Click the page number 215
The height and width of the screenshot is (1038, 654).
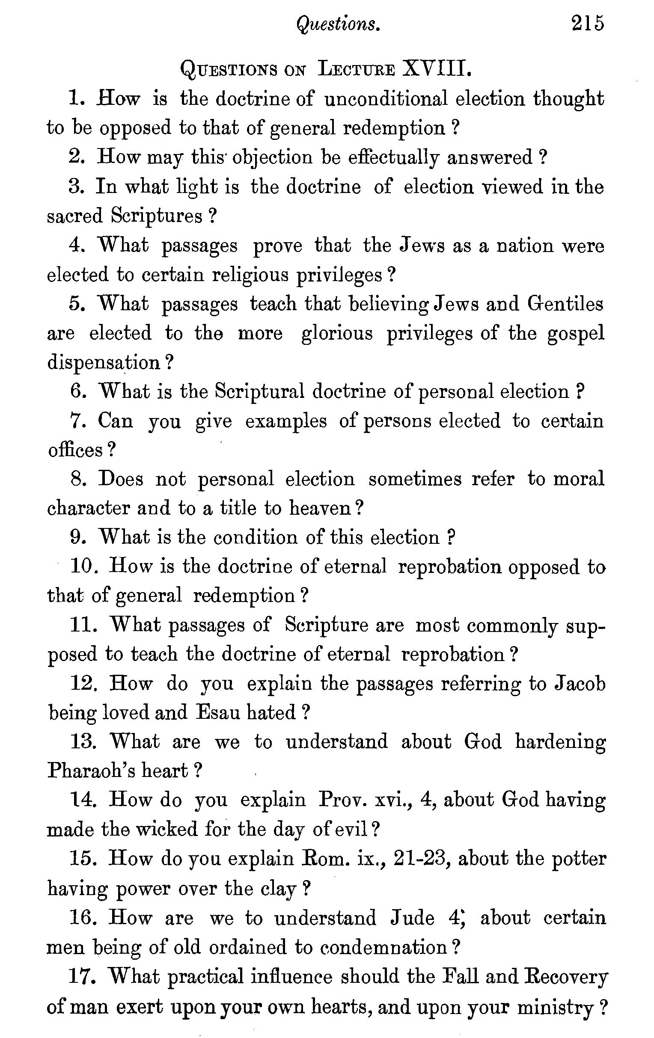[588, 24]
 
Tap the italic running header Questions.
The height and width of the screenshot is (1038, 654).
[338, 24]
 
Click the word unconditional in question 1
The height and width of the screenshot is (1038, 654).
[385, 99]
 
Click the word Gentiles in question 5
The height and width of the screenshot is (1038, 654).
[565, 304]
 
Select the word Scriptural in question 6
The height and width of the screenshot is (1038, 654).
[259, 391]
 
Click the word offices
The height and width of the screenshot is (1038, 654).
[75, 450]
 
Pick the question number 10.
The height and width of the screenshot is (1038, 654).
[84, 566]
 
